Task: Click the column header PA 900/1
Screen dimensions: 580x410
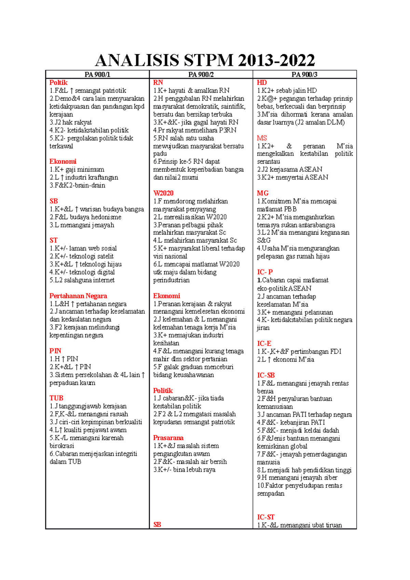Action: click(97, 74)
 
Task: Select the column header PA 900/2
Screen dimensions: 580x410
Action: click(201, 74)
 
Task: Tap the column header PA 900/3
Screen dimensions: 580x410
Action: click(304, 74)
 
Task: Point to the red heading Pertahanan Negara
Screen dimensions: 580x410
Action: click(78, 296)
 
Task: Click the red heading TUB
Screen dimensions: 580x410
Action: click(56, 398)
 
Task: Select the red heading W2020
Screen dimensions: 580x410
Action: click(163, 193)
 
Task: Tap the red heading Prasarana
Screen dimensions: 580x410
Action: click(168, 438)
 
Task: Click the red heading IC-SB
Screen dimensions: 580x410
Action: click(266, 375)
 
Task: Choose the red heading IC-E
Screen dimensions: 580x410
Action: click(264, 344)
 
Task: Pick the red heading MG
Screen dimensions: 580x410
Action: click(263, 193)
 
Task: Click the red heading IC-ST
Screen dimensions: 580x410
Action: click(266, 517)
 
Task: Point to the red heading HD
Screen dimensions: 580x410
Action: click(262, 83)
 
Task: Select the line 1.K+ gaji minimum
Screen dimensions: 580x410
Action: click(77, 169)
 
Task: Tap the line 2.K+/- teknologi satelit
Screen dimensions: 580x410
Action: click(81, 256)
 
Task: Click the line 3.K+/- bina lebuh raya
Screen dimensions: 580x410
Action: click(184, 470)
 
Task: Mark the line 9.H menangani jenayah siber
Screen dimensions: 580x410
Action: click(297, 478)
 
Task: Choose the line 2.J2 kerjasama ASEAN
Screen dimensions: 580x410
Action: click(289, 169)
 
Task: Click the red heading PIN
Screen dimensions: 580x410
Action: click(55, 351)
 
